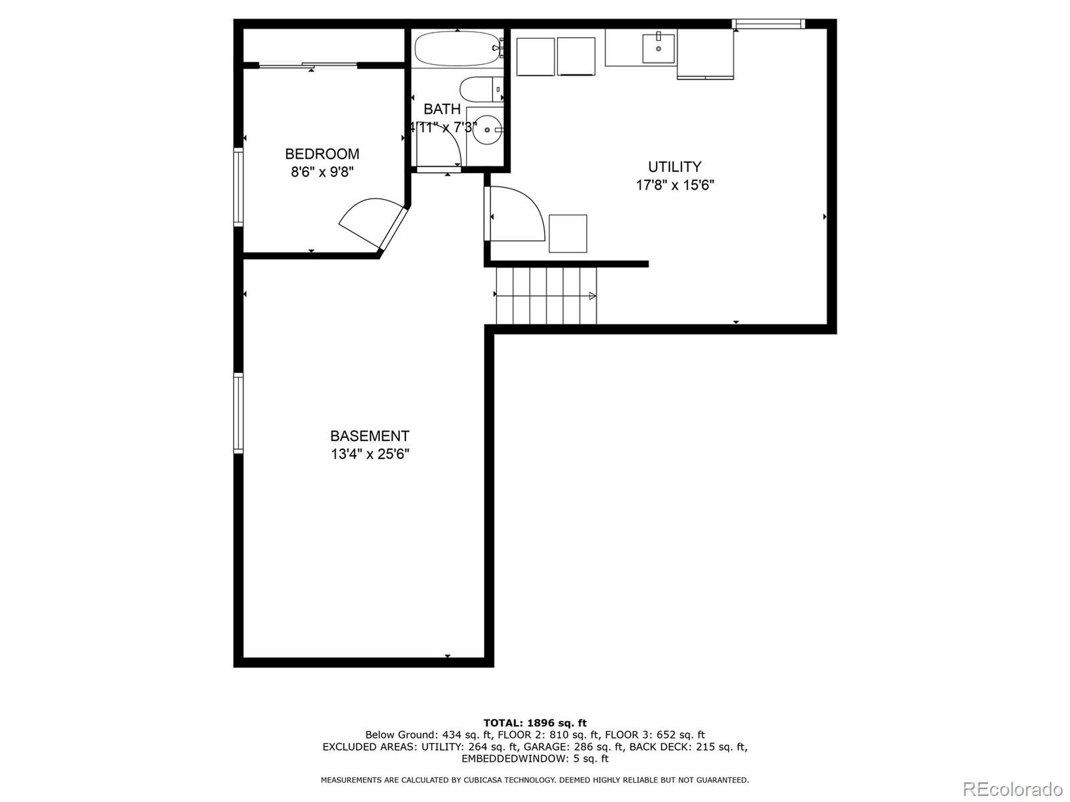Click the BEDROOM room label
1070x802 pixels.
(x=322, y=154)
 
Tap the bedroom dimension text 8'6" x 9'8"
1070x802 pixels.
(x=322, y=172)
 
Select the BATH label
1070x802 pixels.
(x=442, y=109)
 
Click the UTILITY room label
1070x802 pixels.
(x=674, y=167)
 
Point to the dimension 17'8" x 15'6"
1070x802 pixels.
(x=674, y=185)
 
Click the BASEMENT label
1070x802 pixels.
(x=369, y=436)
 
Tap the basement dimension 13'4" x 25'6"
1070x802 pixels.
(x=369, y=454)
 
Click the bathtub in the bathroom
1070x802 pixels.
(x=456, y=48)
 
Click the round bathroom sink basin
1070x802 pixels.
(x=487, y=129)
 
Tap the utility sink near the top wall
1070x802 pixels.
(x=658, y=48)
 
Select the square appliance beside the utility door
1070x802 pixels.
(x=568, y=233)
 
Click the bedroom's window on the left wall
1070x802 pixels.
(x=238, y=187)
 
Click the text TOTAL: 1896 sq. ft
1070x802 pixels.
(x=535, y=723)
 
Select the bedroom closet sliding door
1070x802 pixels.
(x=308, y=65)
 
